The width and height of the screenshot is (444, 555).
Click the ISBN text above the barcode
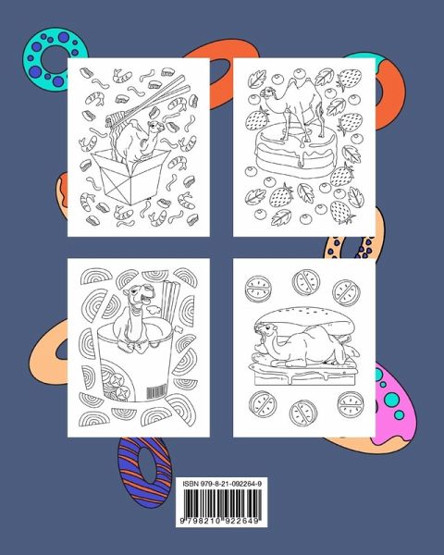click(222, 484)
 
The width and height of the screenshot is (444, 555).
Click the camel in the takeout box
click(138, 141)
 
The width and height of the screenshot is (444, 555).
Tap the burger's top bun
click(302, 317)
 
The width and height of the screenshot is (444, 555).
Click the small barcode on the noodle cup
click(156, 390)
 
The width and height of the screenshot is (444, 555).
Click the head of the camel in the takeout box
click(155, 127)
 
